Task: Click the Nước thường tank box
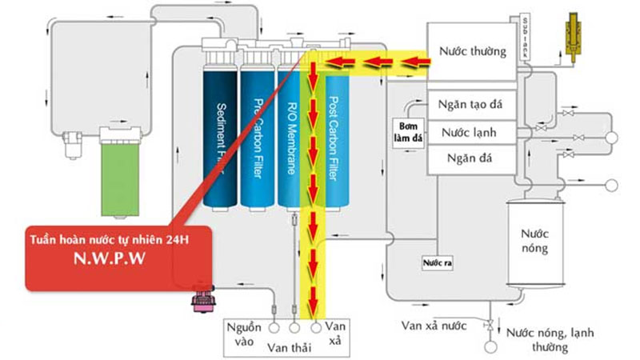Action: (471, 52)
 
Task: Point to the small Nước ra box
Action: (436, 263)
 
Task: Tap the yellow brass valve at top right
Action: (573, 33)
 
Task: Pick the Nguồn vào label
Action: (242, 335)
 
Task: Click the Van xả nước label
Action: (435, 325)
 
